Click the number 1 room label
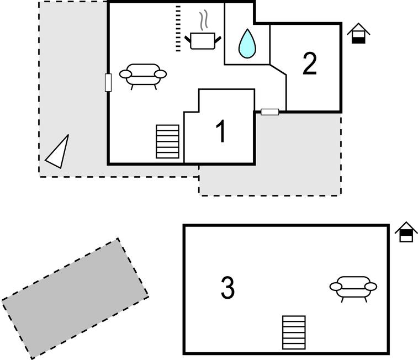click(x=221, y=131)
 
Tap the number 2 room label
click(x=310, y=63)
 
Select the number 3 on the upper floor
click(x=227, y=288)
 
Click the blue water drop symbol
click(x=247, y=44)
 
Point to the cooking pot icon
click(x=203, y=40)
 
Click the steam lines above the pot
click(x=203, y=19)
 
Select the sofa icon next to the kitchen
click(x=143, y=77)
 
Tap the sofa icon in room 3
click(x=353, y=289)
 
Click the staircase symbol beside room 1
click(x=167, y=141)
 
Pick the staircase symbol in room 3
click(x=294, y=332)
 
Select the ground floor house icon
click(x=358, y=33)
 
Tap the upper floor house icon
click(x=406, y=232)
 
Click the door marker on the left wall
click(x=108, y=83)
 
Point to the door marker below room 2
click(x=270, y=112)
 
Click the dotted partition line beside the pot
click(x=178, y=28)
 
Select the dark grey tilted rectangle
click(x=75, y=299)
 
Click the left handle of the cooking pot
click(x=188, y=39)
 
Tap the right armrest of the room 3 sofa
click(x=371, y=287)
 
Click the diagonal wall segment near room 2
click(x=278, y=70)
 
